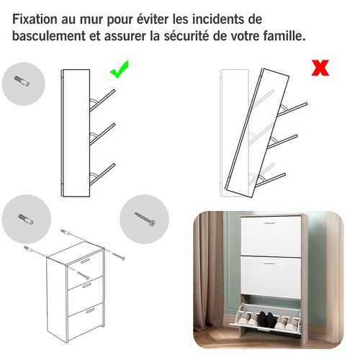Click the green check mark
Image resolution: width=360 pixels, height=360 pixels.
[x=119, y=71]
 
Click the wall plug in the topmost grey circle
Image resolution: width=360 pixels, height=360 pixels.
[x=23, y=83]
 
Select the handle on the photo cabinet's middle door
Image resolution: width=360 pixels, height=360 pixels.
[x=267, y=264]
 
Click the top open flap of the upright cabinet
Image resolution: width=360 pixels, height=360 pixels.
[x=102, y=100]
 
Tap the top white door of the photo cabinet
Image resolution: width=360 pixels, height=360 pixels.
[x=267, y=238]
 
